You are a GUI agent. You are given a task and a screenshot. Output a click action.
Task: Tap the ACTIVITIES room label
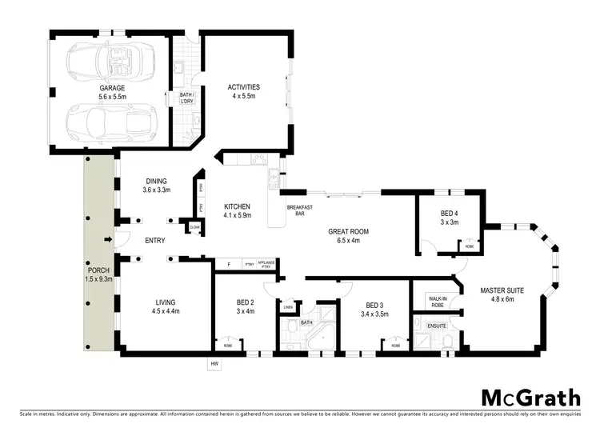click(243, 87)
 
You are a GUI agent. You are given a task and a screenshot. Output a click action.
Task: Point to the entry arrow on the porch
click(108, 239)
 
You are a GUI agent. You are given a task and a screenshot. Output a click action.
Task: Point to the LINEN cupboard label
click(288, 307)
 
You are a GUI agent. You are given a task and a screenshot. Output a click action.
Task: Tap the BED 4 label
click(450, 213)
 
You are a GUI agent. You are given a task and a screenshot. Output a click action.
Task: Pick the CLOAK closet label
click(194, 227)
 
